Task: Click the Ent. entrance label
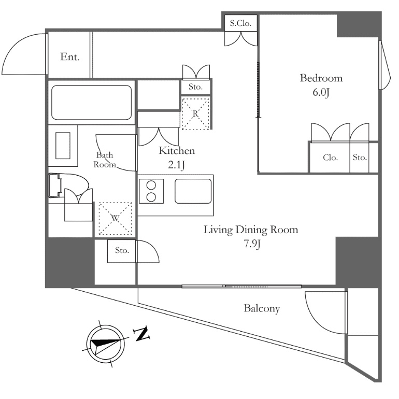(x=70, y=57)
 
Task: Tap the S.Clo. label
(x=241, y=23)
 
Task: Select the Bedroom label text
(x=321, y=78)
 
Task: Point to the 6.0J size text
(x=322, y=93)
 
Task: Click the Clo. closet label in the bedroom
(x=330, y=158)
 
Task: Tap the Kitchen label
(x=177, y=151)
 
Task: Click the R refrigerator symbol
(x=195, y=113)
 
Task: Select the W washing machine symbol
(x=115, y=218)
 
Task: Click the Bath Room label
(x=104, y=160)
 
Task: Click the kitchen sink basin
(x=193, y=191)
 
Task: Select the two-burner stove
(x=151, y=190)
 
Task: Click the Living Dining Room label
(x=251, y=230)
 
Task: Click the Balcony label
(x=262, y=309)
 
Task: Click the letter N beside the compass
(x=141, y=334)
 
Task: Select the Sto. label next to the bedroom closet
(x=360, y=158)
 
